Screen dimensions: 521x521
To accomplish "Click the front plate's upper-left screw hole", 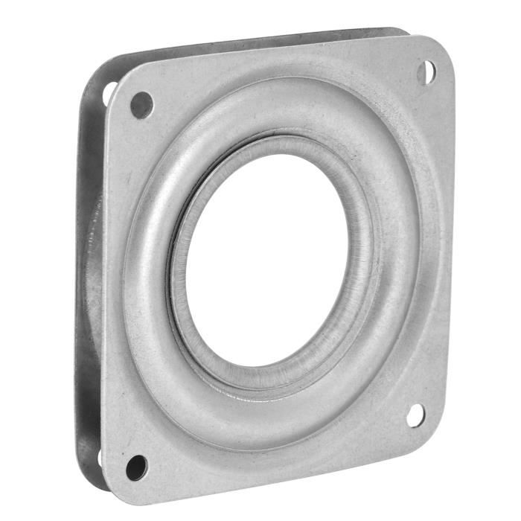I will point(141,105).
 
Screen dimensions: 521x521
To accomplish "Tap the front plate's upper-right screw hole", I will point(426,72).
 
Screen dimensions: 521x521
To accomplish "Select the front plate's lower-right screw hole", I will point(415,415).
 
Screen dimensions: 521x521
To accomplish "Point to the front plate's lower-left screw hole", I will point(136,467).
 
